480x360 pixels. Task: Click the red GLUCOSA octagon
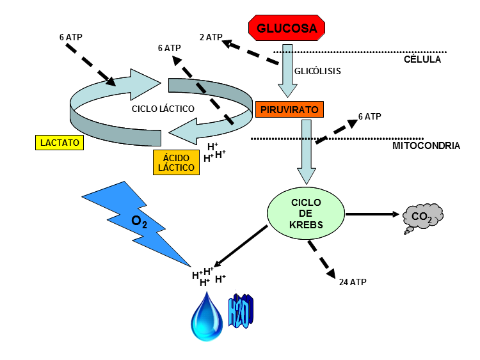(287, 27)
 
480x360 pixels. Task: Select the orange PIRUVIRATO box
(289, 109)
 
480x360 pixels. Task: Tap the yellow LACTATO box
(58, 143)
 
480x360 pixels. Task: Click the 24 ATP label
(353, 281)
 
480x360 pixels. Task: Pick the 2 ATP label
(210, 38)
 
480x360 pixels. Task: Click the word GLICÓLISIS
(317, 71)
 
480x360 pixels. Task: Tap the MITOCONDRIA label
(426, 146)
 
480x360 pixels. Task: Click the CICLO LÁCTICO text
(163, 109)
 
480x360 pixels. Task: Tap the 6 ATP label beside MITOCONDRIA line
(369, 116)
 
